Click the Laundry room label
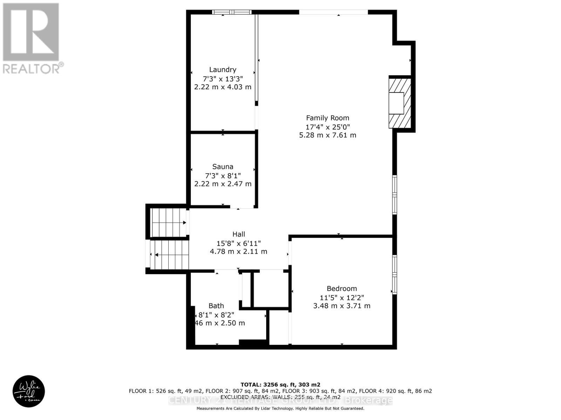pos(223,70)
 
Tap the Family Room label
pos(327,118)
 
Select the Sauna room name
pos(223,167)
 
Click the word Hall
pos(238,234)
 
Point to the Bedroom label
pos(342,288)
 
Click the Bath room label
pos(216,306)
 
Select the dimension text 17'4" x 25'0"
pos(327,127)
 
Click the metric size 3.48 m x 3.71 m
pos(342,306)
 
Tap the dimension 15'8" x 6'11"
pos(238,243)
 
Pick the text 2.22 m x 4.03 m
pos(223,87)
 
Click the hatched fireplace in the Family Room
pos(400,103)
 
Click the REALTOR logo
pos(32,38)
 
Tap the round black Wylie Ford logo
pos(29,391)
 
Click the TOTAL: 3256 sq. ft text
pos(280,384)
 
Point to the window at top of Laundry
pos(232,12)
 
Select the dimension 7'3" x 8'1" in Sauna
pos(223,175)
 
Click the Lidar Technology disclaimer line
pos(280,408)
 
